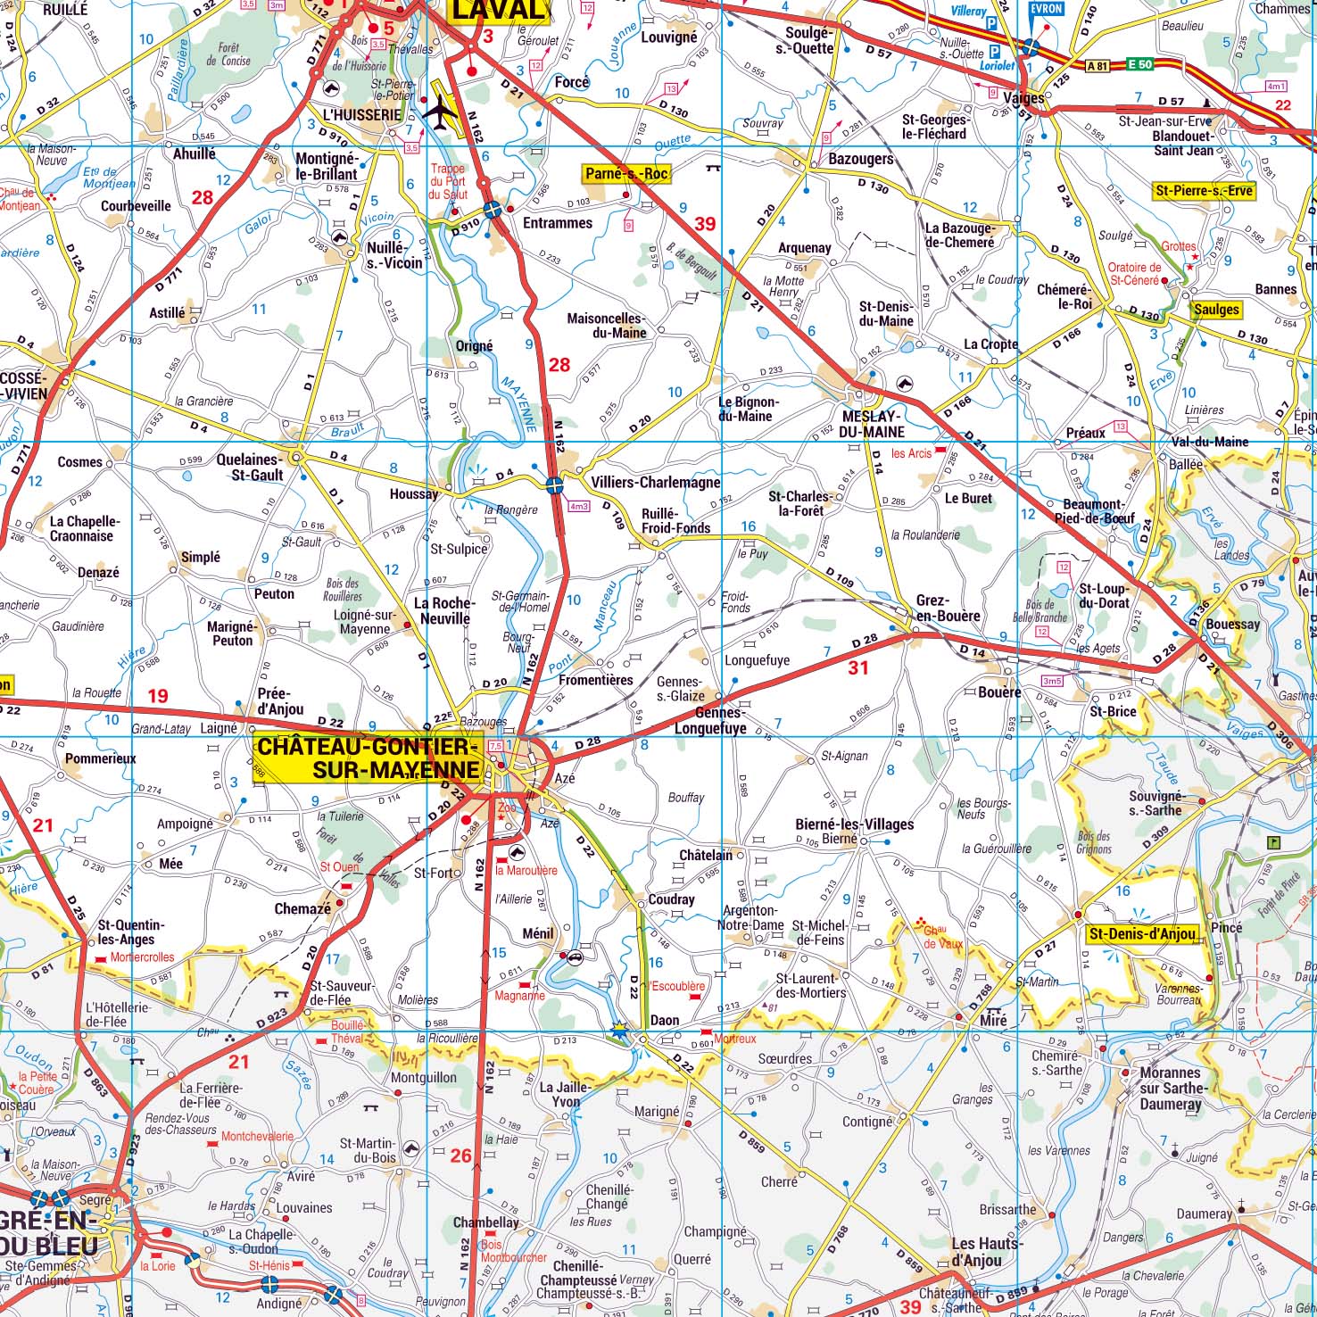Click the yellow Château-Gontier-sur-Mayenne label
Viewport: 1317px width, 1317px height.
(x=369, y=758)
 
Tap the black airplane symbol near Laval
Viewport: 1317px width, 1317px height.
(x=439, y=112)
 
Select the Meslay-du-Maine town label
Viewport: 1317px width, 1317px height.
(x=872, y=424)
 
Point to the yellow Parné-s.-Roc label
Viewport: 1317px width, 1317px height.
(x=625, y=173)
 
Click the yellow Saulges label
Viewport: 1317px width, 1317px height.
(x=1216, y=310)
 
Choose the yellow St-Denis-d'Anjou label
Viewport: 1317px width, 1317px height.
(x=1142, y=933)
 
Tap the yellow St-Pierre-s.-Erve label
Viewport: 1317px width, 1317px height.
(x=1204, y=190)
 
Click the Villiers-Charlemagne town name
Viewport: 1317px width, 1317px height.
(x=655, y=482)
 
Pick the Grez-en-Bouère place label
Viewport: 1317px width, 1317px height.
(x=948, y=609)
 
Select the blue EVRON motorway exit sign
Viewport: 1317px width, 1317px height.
(x=1046, y=9)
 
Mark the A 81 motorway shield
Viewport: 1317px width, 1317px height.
(x=1097, y=65)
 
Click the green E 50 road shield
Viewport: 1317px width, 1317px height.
(x=1139, y=64)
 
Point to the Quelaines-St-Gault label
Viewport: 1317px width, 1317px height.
(x=250, y=468)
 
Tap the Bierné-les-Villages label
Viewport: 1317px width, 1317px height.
(x=854, y=824)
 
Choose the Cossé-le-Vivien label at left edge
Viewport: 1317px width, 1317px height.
(x=24, y=385)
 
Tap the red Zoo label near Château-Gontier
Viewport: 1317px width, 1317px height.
(x=507, y=808)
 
